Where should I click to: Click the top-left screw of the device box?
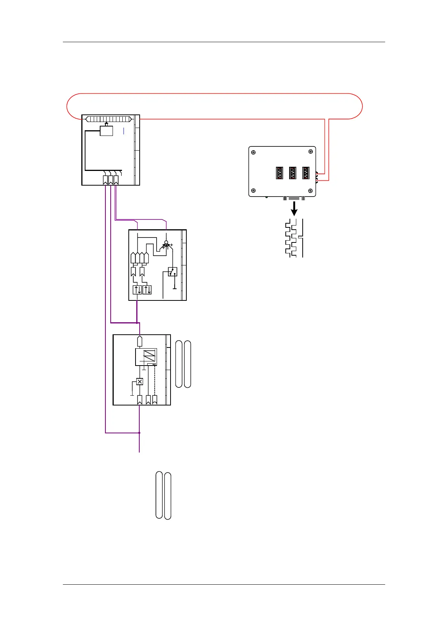click(x=253, y=152)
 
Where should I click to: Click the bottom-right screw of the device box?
click(x=311, y=191)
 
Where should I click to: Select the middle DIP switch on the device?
click(x=293, y=173)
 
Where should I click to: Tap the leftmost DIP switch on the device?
click(x=279, y=173)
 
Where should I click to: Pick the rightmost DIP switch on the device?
click(x=306, y=173)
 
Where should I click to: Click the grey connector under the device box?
click(x=294, y=198)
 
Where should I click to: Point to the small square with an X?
click(x=140, y=381)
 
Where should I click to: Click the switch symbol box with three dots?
click(x=172, y=272)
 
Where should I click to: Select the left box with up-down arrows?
click(x=137, y=290)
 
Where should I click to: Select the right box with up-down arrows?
click(x=147, y=290)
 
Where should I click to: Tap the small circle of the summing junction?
click(x=166, y=242)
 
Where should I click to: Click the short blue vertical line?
click(x=123, y=131)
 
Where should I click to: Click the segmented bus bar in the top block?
click(x=108, y=119)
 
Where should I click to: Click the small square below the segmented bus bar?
click(x=107, y=131)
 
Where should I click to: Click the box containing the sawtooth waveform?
click(x=146, y=357)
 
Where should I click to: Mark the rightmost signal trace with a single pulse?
click(x=301, y=238)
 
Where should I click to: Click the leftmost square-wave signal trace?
click(x=288, y=238)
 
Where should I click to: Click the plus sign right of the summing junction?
click(x=172, y=245)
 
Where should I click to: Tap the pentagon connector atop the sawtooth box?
click(x=140, y=341)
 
